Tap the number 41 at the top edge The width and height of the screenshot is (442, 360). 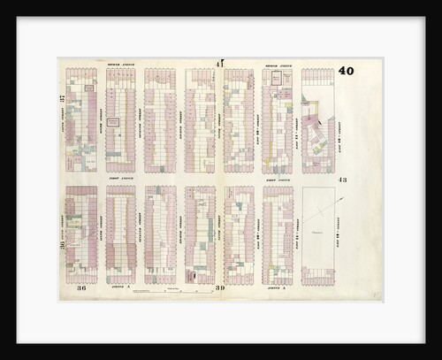[x=219, y=63]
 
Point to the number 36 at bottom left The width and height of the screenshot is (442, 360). [x=80, y=287]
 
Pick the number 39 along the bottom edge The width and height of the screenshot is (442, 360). [x=219, y=287]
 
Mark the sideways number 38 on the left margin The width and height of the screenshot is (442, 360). [x=62, y=245]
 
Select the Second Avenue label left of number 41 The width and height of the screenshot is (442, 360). [x=119, y=65]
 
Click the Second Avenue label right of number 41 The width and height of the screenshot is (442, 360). [x=278, y=65]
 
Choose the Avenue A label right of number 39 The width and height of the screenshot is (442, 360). [x=277, y=287]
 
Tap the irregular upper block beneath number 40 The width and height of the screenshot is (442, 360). [x=317, y=124]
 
